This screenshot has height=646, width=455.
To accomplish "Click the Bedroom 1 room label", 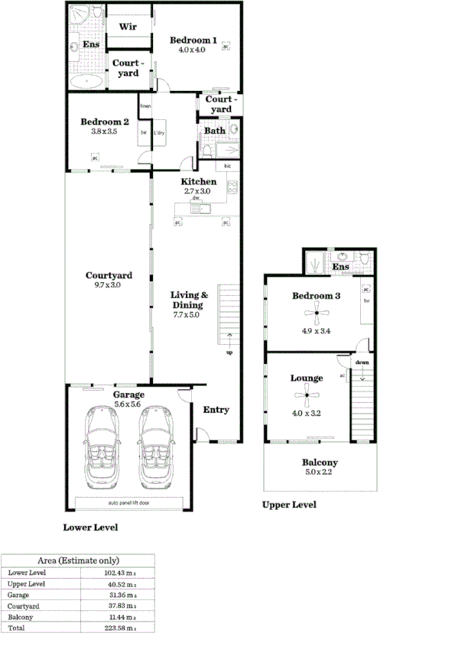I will tap(193, 41).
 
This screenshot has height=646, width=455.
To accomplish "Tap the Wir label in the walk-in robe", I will tap(127, 27).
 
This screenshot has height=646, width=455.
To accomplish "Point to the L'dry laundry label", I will tap(160, 134).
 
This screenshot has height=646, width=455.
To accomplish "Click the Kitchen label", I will tap(198, 182).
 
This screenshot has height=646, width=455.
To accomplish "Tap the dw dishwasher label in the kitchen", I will tap(197, 199).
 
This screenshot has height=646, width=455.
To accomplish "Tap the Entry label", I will tap(216, 410).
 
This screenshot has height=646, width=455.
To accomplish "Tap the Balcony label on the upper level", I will tap(320, 463).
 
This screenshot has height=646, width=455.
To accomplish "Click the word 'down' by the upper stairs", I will tap(362, 363).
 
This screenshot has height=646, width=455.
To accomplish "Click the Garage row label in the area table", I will tap(18, 594).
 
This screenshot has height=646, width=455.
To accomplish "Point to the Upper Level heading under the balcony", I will tap(288, 505).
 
